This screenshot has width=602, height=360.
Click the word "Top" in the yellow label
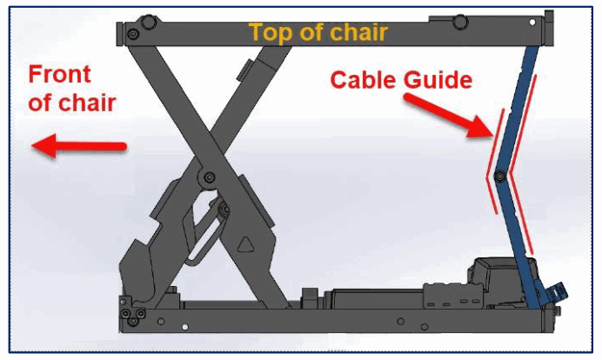[x=269, y=33]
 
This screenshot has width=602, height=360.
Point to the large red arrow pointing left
[x=78, y=147]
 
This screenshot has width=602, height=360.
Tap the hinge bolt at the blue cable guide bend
[x=500, y=177]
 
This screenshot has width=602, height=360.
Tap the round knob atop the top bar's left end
[x=150, y=21]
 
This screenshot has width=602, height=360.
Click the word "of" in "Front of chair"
[x=40, y=103]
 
